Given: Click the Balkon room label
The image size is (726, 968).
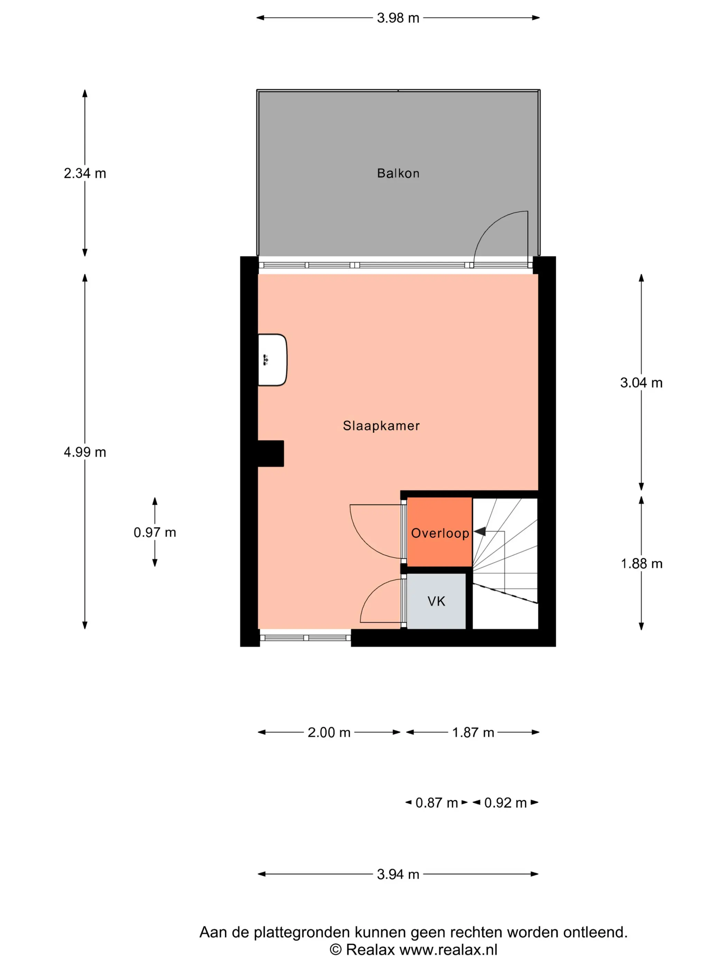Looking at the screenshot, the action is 398,173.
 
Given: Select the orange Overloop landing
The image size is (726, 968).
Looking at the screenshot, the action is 439,532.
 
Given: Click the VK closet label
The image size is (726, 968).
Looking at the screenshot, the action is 436,601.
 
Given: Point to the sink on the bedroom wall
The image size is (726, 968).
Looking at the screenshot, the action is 272,360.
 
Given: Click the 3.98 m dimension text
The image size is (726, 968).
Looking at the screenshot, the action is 398,18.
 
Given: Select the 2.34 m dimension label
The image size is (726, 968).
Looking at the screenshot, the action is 85,173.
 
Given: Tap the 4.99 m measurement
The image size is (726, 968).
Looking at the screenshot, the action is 85,452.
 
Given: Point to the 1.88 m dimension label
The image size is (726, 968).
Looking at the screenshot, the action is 641,564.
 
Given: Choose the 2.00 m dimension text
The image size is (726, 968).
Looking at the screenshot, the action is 329,732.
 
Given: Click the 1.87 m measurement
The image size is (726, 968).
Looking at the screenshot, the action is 473,732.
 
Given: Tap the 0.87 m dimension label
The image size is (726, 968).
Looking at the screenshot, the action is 436,803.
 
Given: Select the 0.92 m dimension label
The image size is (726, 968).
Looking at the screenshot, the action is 505,803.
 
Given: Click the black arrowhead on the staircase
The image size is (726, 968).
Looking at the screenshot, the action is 480,531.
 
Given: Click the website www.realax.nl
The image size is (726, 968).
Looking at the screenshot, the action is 448,949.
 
